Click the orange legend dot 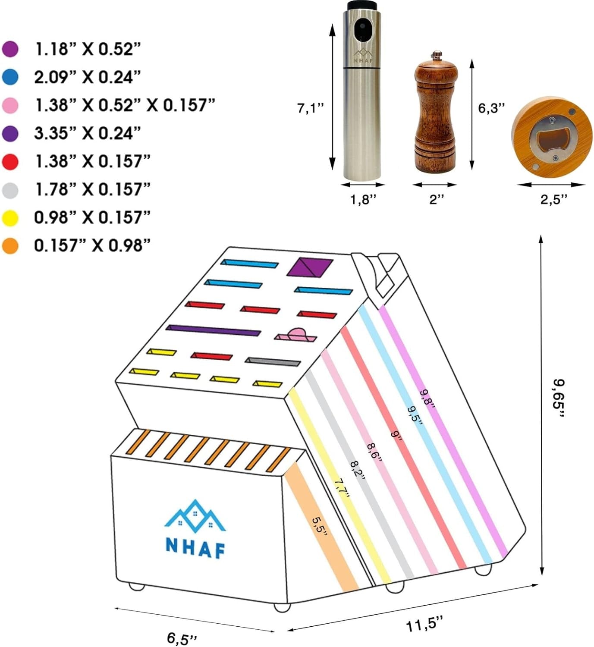[x=10, y=246]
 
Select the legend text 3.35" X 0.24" [x=88, y=133]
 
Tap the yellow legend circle [x=10, y=218]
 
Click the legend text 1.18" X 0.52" [x=88, y=49]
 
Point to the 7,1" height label [x=310, y=107]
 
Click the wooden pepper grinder [x=435, y=114]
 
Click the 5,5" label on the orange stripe [x=320, y=525]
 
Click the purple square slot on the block [x=310, y=267]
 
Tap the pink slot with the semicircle [x=295, y=335]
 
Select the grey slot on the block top [x=273, y=361]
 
